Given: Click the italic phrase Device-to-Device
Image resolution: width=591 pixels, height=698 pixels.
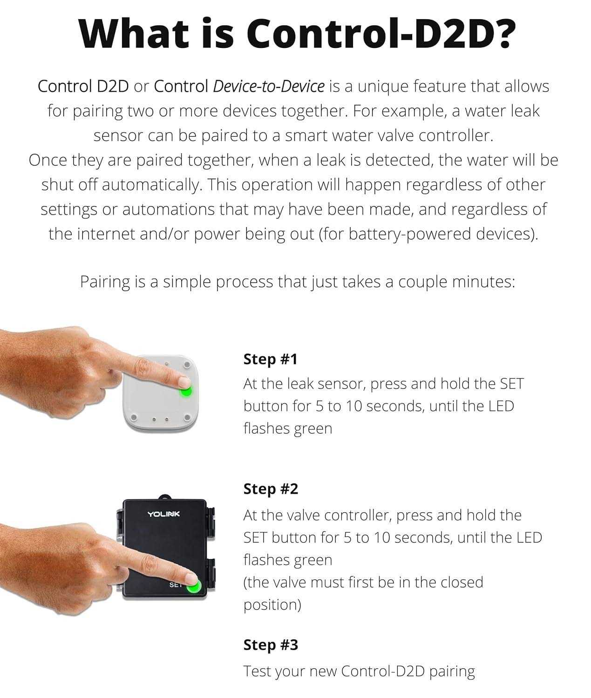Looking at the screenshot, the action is click(x=269, y=87).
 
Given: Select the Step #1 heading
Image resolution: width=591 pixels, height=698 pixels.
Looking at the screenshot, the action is click(x=270, y=359).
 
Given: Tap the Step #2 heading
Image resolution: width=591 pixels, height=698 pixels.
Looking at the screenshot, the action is click(x=271, y=489).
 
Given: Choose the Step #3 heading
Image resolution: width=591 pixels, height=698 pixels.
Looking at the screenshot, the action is click(x=271, y=644).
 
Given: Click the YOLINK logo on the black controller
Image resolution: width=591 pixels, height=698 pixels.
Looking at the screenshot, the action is click(x=163, y=514).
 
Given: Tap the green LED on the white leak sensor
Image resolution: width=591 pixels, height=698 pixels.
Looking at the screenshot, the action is click(x=186, y=391).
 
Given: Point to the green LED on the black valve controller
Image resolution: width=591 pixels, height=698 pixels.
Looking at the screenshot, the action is click(x=194, y=586).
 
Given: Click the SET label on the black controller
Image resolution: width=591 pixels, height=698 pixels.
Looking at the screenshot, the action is click(x=176, y=585).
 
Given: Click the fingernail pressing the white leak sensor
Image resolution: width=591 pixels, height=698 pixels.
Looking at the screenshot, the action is click(x=184, y=383).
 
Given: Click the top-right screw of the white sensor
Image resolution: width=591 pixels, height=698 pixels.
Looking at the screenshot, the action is click(x=187, y=365).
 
